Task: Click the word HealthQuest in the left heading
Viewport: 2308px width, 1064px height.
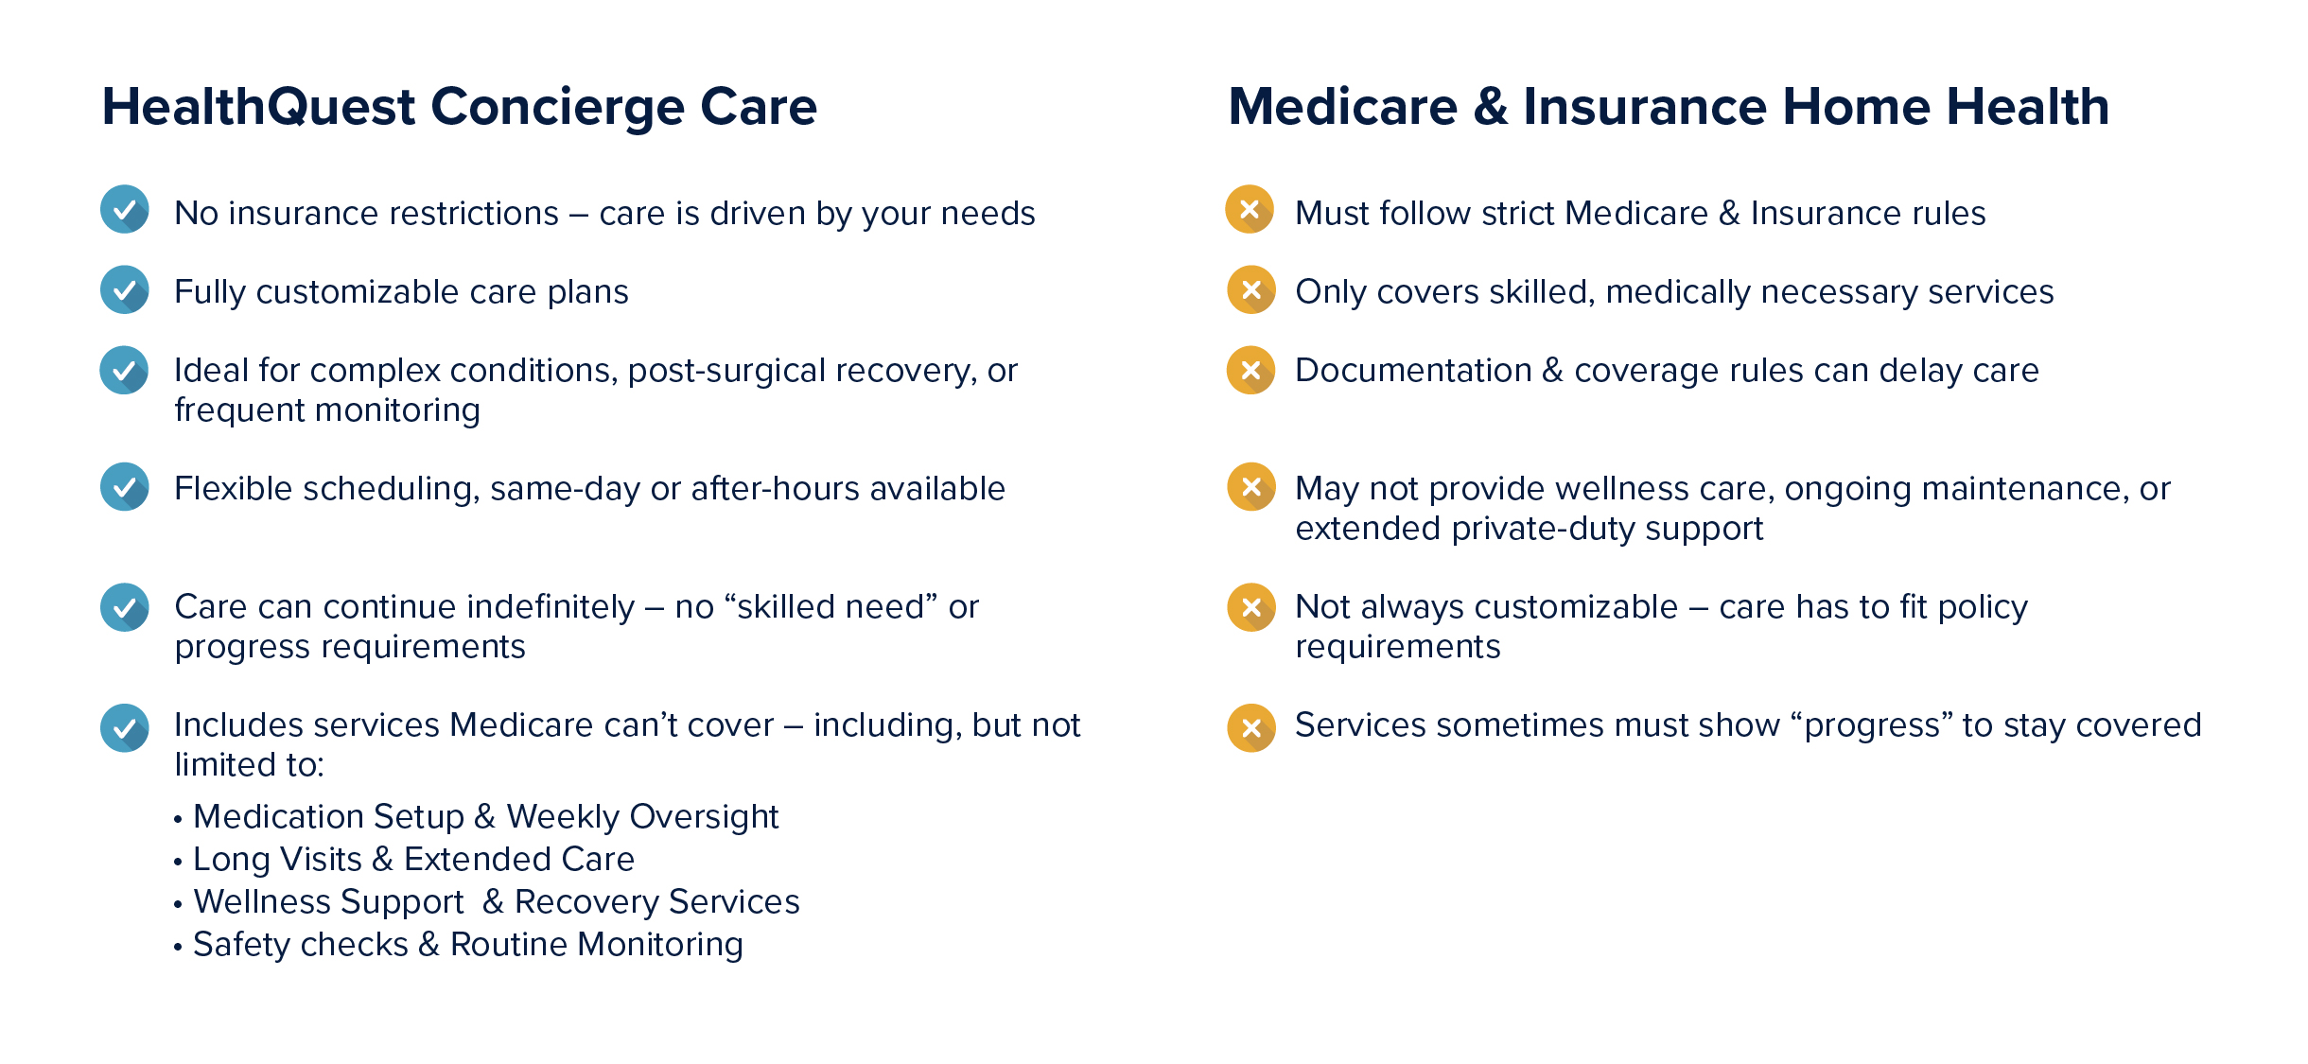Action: pos(258,107)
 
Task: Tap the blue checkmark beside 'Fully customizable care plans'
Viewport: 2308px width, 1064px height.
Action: pos(125,289)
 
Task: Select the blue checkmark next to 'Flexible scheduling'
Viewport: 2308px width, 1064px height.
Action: pos(125,486)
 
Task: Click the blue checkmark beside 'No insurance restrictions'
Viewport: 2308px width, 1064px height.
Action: pos(125,209)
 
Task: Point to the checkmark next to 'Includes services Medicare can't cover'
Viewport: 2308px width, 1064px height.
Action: pos(125,728)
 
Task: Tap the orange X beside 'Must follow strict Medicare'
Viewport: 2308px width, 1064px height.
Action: pos(1250,209)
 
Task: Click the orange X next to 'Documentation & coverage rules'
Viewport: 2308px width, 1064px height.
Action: pos(1250,370)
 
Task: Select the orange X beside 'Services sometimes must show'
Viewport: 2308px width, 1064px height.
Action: pos(1250,728)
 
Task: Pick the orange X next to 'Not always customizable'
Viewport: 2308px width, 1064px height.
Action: pos(1250,607)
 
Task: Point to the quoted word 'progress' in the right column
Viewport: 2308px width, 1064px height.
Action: pos(1872,726)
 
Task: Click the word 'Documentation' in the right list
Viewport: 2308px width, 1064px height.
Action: pos(1413,371)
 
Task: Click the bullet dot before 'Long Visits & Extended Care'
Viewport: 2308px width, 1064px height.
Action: pos(178,862)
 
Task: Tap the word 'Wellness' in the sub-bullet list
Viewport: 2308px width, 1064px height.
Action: pos(262,902)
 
